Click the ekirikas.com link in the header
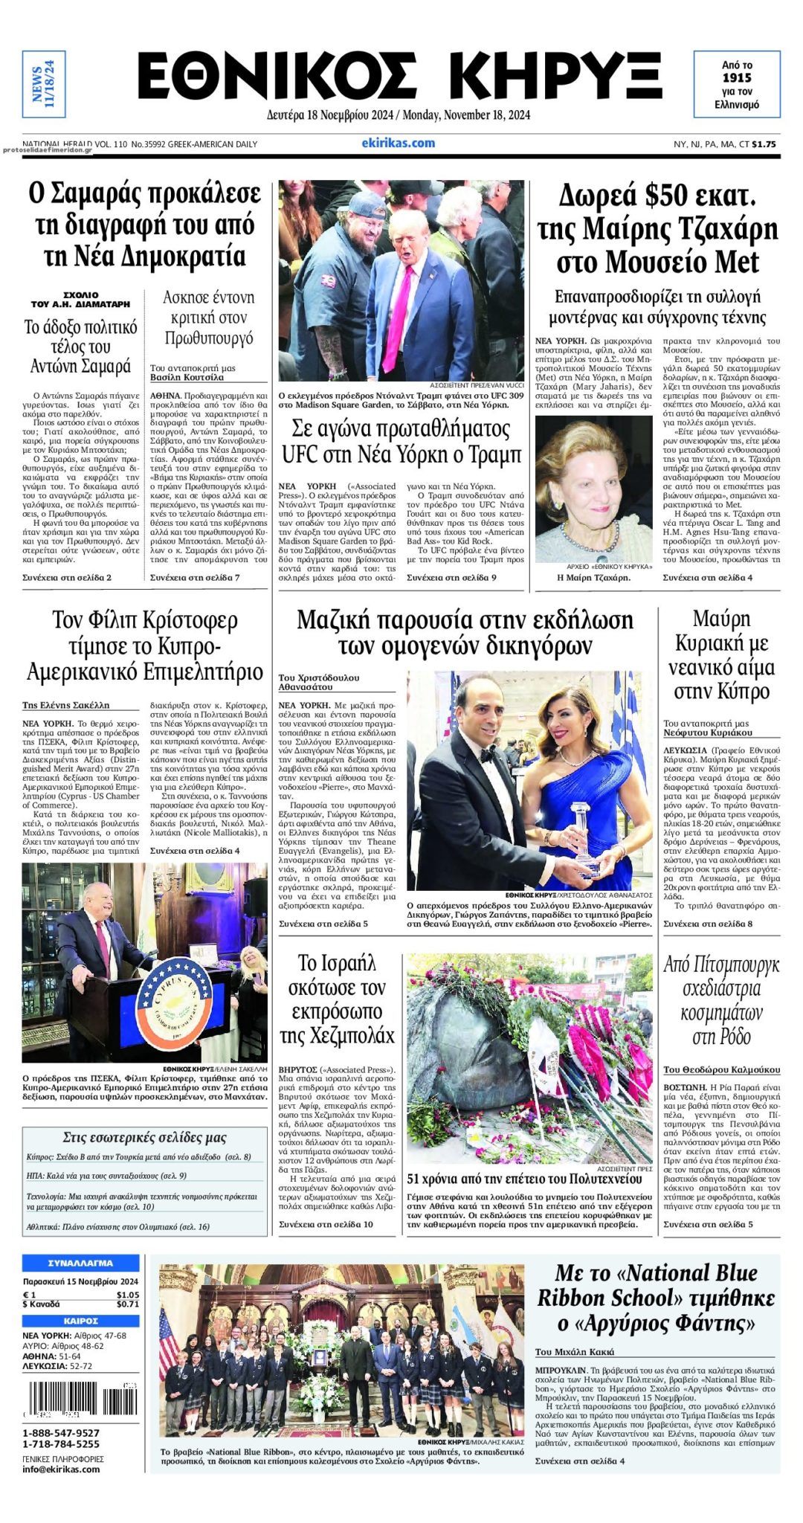click(398, 143)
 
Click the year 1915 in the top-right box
click(737, 78)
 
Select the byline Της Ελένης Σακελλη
click(66, 705)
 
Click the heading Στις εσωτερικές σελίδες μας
click(144, 1137)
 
